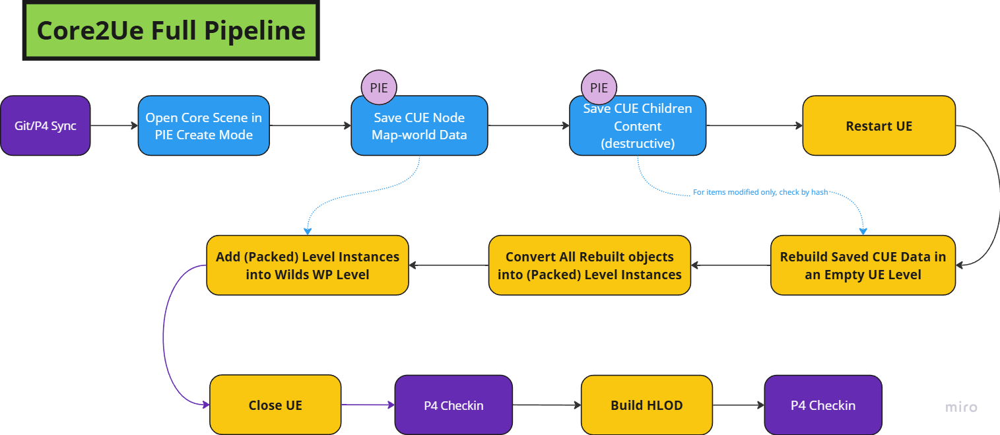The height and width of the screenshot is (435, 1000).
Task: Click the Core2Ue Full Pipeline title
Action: click(171, 30)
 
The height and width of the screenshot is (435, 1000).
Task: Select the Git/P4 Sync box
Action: click(46, 125)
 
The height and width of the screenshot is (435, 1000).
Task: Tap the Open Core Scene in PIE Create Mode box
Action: click(203, 125)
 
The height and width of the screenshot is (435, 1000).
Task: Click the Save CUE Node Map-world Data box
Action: click(419, 125)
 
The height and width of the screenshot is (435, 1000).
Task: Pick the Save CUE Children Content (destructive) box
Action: click(638, 125)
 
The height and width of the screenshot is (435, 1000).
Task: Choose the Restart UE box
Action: click(879, 125)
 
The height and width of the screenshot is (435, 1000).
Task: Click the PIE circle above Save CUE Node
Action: click(379, 88)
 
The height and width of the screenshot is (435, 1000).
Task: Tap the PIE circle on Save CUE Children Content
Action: click(599, 88)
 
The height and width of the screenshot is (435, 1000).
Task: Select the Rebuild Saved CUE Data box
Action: click(863, 265)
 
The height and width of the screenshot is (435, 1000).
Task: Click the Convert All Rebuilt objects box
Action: click(589, 265)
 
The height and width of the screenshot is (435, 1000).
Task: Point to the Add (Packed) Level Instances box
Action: click(308, 265)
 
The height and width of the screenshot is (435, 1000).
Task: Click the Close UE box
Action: click(275, 405)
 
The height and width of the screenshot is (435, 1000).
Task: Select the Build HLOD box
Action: click(647, 405)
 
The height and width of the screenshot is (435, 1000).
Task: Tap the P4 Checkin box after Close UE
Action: click(453, 405)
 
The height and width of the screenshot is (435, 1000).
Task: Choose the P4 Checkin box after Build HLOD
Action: click(823, 405)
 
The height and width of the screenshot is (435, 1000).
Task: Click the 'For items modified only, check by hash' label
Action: click(760, 192)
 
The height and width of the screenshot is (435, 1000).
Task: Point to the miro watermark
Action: click(961, 407)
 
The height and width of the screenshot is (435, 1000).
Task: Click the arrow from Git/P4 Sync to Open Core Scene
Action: click(114, 125)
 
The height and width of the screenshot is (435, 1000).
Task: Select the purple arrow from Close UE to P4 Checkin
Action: click(368, 405)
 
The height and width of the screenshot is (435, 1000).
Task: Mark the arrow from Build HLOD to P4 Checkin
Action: click(739, 405)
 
